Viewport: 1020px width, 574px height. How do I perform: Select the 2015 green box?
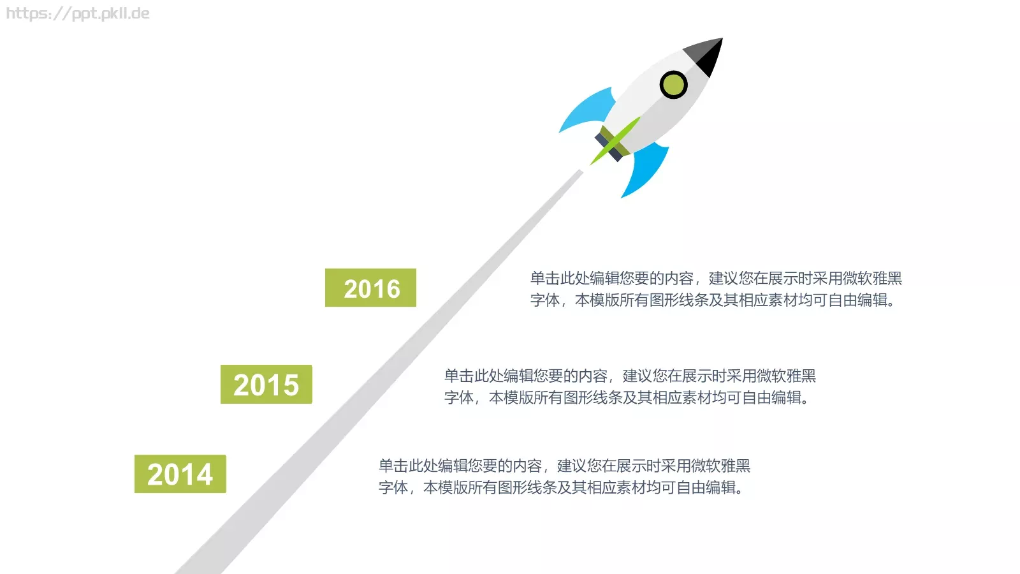[266, 384]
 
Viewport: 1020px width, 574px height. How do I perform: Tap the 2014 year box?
[180, 474]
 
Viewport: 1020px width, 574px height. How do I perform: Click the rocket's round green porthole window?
[673, 85]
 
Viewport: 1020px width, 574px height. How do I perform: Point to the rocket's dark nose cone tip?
[722, 39]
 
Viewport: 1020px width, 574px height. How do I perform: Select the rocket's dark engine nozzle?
[608, 147]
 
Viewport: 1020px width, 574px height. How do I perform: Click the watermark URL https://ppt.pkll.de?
[78, 13]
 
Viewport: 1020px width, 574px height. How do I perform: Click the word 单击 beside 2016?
[545, 278]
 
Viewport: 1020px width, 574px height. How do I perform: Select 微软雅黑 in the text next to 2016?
[872, 278]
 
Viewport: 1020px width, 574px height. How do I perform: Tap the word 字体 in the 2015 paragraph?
[459, 398]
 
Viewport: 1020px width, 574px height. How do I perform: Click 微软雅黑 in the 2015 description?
[786, 376]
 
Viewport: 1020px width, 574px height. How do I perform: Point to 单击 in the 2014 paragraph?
[393, 466]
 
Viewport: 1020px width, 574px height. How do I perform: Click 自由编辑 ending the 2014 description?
[706, 487]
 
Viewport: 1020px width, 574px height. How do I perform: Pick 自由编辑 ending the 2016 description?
[858, 300]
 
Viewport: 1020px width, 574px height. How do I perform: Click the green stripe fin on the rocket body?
[615, 141]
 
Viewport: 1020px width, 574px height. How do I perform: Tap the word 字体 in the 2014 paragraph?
[393, 487]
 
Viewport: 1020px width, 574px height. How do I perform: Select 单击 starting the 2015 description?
[459, 376]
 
